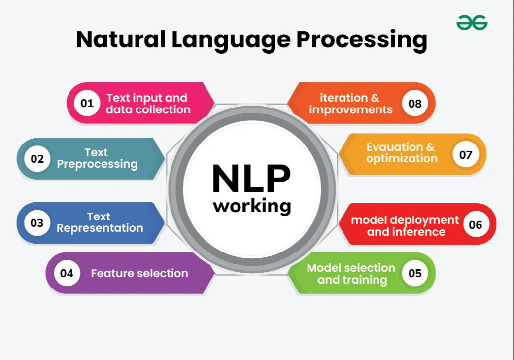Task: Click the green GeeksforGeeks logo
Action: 472,22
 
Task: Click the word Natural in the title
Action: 121,40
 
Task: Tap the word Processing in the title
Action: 362,41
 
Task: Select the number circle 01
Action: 87,103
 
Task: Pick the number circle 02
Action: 37,159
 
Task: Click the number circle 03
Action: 36,223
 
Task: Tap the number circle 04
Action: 67,273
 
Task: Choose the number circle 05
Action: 414,273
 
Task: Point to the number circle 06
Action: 476,225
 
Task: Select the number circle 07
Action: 466,154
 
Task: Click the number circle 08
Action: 414,104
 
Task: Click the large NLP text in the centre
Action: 251,179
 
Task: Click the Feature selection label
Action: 139,273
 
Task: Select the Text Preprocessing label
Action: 97,158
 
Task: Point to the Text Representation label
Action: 100,222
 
